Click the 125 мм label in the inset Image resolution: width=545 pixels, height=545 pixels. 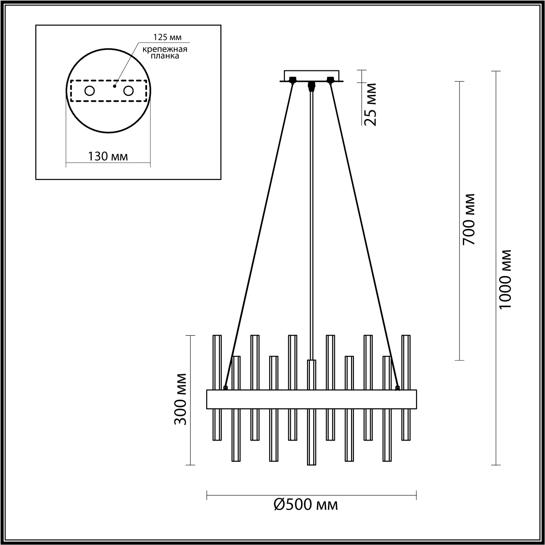[167, 37]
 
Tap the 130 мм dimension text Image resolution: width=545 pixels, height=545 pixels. [108, 156]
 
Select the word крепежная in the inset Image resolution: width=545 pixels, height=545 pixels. [164, 49]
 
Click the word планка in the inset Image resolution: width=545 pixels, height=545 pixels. [164, 56]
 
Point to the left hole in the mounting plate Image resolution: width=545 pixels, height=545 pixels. [89, 91]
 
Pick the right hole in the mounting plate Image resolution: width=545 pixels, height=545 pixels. [129, 91]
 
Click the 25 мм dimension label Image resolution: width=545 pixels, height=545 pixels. [371, 104]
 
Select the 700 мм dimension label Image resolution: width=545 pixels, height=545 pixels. [468, 219]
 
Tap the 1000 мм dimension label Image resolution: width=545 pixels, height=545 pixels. [505, 280]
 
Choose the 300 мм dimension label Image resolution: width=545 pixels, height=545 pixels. [180, 399]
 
